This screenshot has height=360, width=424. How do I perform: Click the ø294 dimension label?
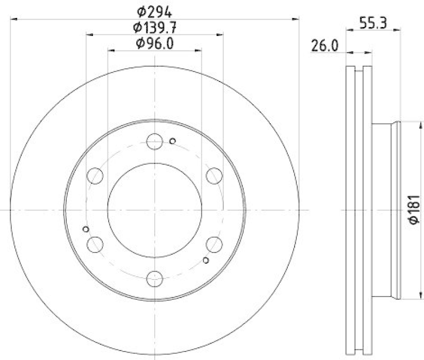(155, 10)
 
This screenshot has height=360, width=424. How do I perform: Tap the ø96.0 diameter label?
(155, 43)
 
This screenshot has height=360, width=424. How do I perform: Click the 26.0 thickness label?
(324, 46)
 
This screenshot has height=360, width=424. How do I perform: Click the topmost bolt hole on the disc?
(155, 141)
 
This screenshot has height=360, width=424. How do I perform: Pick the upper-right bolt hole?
(214, 175)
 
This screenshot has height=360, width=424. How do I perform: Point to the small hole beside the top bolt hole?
(172, 141)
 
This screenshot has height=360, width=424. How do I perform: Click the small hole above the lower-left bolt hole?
(86, 229)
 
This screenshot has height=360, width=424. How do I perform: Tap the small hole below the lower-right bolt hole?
(206, 260)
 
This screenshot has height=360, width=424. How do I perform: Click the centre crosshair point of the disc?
(155, 210)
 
